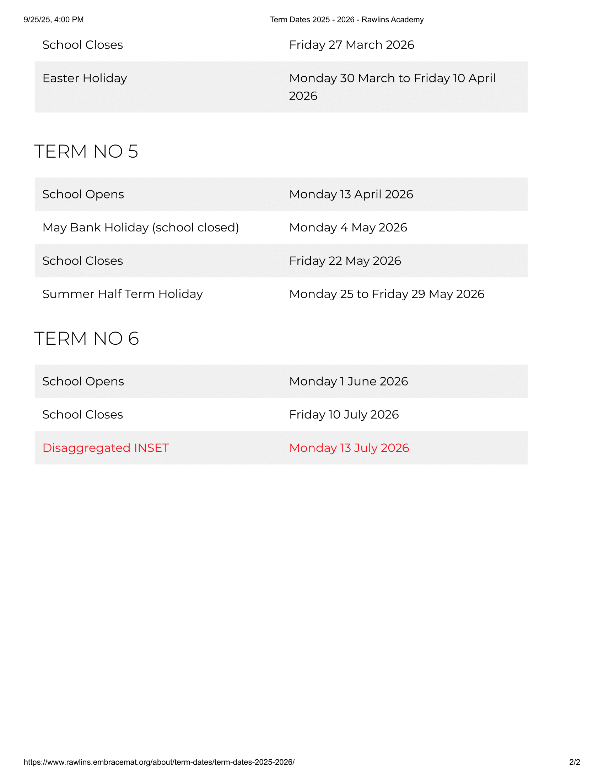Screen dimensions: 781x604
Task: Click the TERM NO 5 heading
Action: (86, 151)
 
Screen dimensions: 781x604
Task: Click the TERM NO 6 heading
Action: (86, 338)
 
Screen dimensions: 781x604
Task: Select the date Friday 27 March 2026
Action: (351, 45)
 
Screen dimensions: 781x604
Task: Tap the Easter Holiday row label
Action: (85, 78)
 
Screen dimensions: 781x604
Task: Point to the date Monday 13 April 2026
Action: (351, 194)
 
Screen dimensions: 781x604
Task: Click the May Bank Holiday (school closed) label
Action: (141, 228)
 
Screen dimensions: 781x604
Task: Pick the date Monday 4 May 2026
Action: (348, 228)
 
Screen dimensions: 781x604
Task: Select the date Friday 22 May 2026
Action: (345, 261)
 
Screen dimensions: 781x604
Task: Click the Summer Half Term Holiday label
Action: (122, 294)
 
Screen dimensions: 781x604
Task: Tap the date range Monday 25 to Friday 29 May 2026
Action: (387, 294)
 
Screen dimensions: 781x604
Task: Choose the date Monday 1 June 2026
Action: (349, 381)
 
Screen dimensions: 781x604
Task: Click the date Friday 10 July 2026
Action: (344, 414)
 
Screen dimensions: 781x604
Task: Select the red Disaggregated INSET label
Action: (106, 448)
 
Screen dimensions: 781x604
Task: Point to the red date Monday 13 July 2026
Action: (349, 448)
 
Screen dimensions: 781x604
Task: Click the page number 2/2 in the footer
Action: (574, 762)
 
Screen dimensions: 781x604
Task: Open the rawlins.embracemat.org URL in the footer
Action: (159, 762)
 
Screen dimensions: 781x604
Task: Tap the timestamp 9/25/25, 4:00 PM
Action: (54, 20)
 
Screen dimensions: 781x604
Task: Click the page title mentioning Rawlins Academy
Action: (346, 20)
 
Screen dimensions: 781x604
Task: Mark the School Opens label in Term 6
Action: (83, 381)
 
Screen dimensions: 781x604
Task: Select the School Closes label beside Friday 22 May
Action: (83, 261)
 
